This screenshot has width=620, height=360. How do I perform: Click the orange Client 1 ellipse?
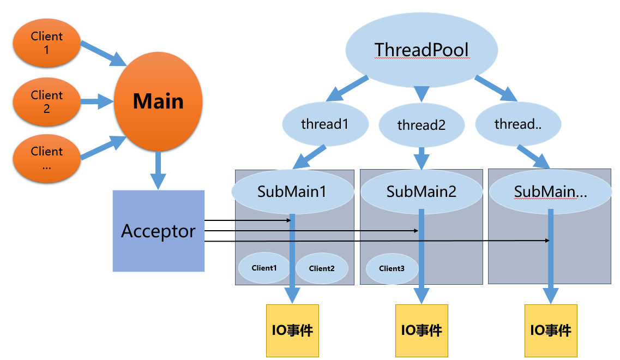[47, 43]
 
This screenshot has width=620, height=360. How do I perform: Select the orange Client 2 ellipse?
[47, 101]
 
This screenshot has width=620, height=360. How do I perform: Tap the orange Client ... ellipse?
[47, 158]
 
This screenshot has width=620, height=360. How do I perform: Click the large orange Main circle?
[158, 101]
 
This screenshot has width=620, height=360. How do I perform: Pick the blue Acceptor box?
[159, 231]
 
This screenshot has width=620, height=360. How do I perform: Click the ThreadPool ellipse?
[422, 50]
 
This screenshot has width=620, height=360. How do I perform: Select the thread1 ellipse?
[324, 124]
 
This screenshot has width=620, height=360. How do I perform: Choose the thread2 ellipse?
[421, 125]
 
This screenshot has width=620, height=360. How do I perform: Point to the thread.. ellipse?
[517, 124]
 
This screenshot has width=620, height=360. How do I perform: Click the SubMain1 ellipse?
[293, 191]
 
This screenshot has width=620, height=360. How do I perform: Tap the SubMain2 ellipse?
[421, 191]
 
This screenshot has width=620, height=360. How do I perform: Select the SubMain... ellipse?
[550, 192]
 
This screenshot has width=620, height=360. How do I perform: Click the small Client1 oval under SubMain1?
[264, 268]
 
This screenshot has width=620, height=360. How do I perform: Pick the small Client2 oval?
[321, 268]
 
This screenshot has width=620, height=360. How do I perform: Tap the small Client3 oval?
[392, 268]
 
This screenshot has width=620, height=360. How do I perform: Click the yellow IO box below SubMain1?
[292, 330]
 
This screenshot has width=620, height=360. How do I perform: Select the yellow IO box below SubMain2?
[422, 330]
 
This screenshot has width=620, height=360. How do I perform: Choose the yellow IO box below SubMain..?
[550, 330]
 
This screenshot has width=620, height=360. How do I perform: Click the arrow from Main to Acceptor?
[158, 170]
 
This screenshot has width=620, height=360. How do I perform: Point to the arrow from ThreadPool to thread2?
[420, 93]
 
